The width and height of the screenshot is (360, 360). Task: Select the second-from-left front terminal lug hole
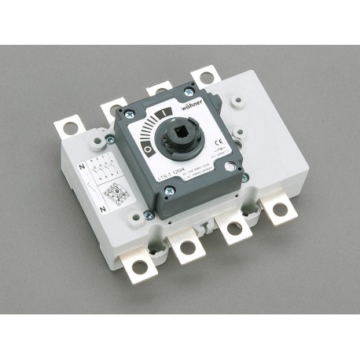pyautogui.click(x=187, y=248)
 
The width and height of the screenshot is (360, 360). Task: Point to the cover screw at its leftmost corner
pyautogui.click(x=109, y=138)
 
